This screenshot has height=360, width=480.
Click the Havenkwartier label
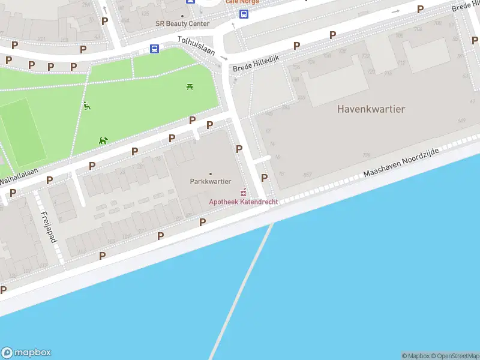point(371,109)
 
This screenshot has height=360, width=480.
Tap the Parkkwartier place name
point(210,181)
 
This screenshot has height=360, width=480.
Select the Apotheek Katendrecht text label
point(243,202)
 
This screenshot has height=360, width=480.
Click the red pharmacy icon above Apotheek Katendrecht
point(243,193)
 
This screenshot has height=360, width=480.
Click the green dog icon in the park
point(103,140)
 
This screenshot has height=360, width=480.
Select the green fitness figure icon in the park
point(88,106)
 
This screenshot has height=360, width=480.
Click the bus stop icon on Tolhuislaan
point(154,49)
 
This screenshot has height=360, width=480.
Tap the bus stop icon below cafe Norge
point(244,14)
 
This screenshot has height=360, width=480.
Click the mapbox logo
point(26,353)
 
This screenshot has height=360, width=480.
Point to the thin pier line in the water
point(240,294)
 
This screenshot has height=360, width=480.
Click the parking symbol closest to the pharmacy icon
point(264,178)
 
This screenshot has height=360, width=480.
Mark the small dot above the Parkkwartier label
point(210,174)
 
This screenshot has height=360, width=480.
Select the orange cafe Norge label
point(242,2)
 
